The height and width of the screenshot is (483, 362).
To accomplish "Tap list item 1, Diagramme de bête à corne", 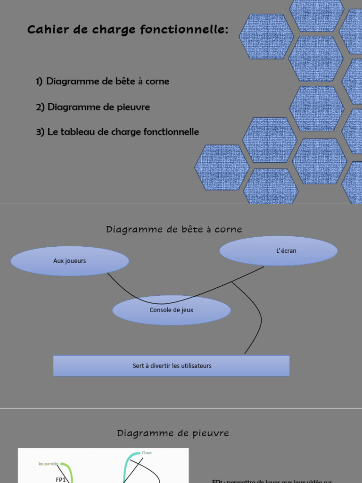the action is coord(102,81).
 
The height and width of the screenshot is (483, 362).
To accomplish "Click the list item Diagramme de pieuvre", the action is coord(93,107).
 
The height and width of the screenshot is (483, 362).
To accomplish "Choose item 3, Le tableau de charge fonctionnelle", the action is coord(117,132).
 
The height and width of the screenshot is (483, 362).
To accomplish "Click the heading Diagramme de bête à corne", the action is coord(174,230).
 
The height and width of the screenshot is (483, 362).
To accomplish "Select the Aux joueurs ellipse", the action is coord(69,260).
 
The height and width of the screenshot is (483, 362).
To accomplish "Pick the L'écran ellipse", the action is coord(279,250).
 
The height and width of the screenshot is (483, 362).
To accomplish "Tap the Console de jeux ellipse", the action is coord(172,310).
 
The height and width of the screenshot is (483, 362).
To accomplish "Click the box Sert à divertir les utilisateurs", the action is coord(172,366).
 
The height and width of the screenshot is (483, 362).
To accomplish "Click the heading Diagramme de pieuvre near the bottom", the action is coord(173,433).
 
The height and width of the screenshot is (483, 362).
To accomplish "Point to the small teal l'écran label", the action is coord(147,453).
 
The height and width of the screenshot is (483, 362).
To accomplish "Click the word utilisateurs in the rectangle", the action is coord(195,366).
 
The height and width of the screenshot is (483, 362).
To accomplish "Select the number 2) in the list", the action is coord(40,107).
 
